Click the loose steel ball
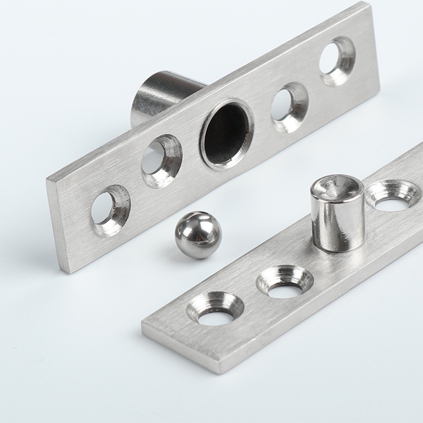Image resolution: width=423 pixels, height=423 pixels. pos(198,235)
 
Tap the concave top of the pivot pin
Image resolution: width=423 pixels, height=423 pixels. pos(337,188)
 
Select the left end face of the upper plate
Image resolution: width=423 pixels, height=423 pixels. pos(57,224)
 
